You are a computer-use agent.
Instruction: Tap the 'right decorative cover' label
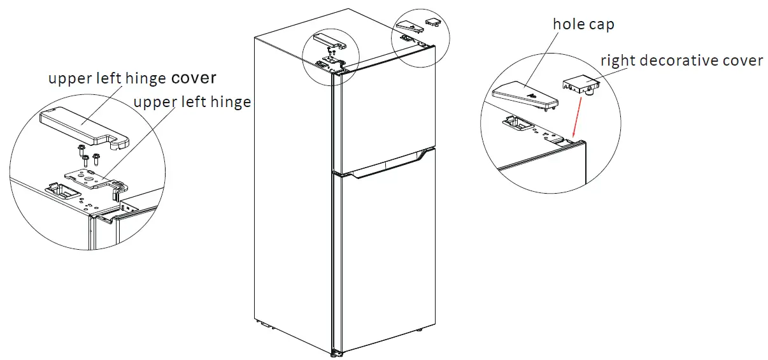click(x=681, y=61)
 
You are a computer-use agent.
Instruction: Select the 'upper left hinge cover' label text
click(x=132, y=78)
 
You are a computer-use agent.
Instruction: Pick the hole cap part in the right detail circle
click(x=525, y=96)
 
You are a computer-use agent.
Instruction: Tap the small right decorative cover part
click(x=580, y=85)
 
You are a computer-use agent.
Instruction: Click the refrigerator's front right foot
click(x=420, y=331)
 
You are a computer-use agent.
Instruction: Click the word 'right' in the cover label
click(x=616, y=61)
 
